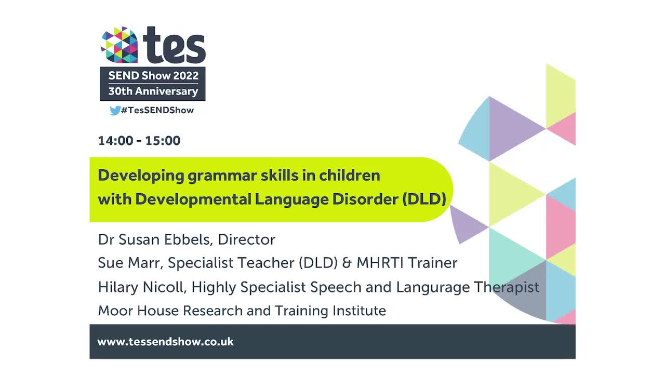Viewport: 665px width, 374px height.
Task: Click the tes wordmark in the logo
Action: click(175, 45)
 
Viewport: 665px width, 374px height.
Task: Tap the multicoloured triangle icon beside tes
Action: click(119, 45)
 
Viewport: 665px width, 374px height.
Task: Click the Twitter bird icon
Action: click(115, 110)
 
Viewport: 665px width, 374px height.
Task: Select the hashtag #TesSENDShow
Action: click(157, 110)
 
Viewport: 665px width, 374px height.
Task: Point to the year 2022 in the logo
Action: click(185, 76)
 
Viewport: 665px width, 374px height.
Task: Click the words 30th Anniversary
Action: click(153, 91)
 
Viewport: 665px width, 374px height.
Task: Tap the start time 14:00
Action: click(115, 141)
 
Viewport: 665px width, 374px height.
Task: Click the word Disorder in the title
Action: click(368, 199)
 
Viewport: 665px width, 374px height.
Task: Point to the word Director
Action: click(247, 239)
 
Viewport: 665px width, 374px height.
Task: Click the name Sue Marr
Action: click(130, 263)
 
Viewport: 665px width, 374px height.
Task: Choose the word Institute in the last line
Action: click(360, 311)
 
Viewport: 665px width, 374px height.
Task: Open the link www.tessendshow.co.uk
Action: click(165, 342)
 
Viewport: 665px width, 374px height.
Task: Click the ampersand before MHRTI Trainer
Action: click(347, 263)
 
